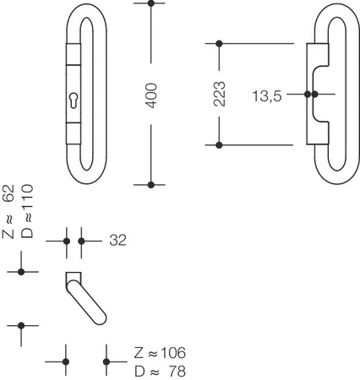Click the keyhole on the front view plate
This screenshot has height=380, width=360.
coord(74,100)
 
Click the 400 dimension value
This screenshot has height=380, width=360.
coord(151,95)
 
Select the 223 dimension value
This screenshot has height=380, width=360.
coord(219,94)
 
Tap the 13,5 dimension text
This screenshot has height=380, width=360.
coord(267,96)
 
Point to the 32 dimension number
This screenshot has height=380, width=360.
coord(117,241)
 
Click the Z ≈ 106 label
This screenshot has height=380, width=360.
coord(160,353)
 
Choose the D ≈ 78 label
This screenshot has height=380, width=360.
coord(160,372)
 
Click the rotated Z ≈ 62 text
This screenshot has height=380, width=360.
coord(8,212)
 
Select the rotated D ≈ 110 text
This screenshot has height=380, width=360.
coord(27,211)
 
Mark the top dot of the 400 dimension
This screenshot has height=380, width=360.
coord(151,3)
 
